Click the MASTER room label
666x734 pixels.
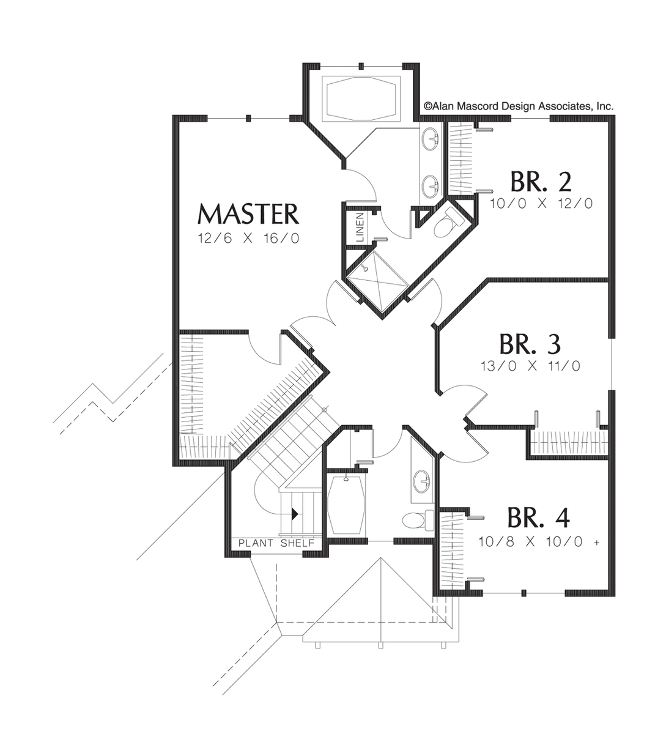click(248, 215)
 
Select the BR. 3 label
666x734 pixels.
click(530, 344)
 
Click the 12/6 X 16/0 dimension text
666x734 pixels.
click(248, 239)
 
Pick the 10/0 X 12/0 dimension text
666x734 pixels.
click(541, 204)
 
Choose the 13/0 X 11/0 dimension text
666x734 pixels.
click(530, 366)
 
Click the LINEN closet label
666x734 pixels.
click(360, 228)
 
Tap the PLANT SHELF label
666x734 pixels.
click(276, 543)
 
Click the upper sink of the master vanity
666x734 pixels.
click(432, 139)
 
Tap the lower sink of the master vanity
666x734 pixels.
click(432, 182)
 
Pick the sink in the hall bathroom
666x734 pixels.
click(420, 480)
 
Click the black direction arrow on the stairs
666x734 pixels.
click(294, 514)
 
